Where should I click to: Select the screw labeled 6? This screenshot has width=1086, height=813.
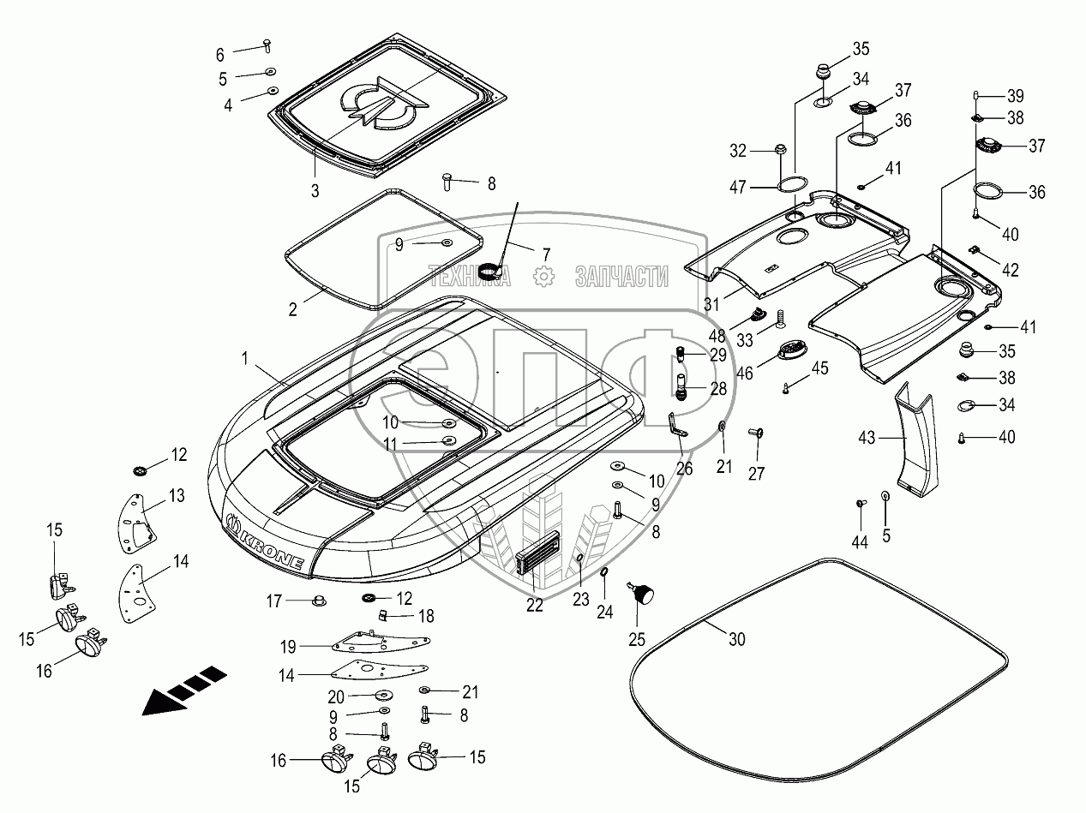click(x=266, y=43)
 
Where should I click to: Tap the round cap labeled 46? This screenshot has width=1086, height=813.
click(x=789, y=351)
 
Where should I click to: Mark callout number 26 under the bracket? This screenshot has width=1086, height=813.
click(x=684, y=468)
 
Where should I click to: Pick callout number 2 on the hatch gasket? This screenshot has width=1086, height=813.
click(x=293, y=309)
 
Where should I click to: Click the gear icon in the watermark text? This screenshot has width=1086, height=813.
click(x=543, y=276)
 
